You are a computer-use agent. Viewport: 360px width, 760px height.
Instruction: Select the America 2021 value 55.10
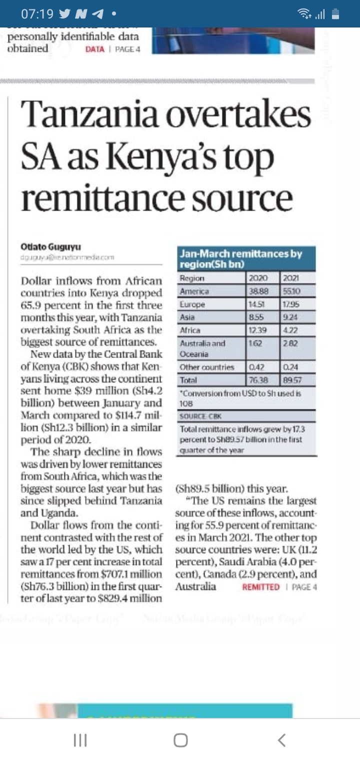click(x=291, y=291)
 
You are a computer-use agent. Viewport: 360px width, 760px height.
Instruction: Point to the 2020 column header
click(x=259, y=278)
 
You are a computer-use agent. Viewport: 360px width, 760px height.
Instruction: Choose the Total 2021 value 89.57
click(x=291, y=380)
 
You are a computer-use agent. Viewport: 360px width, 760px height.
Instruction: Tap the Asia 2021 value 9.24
click(x=290, y=317)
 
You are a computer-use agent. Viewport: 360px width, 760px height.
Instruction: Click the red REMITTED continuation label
click(x=260, y=587)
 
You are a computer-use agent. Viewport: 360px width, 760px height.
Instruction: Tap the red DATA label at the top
click(x=95, y=49)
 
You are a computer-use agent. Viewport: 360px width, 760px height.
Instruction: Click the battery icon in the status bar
click(x=335, y=14)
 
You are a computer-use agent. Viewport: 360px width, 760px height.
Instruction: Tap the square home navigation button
click(x=180, y=740)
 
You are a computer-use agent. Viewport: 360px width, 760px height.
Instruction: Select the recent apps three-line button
click(x=80, y=740)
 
